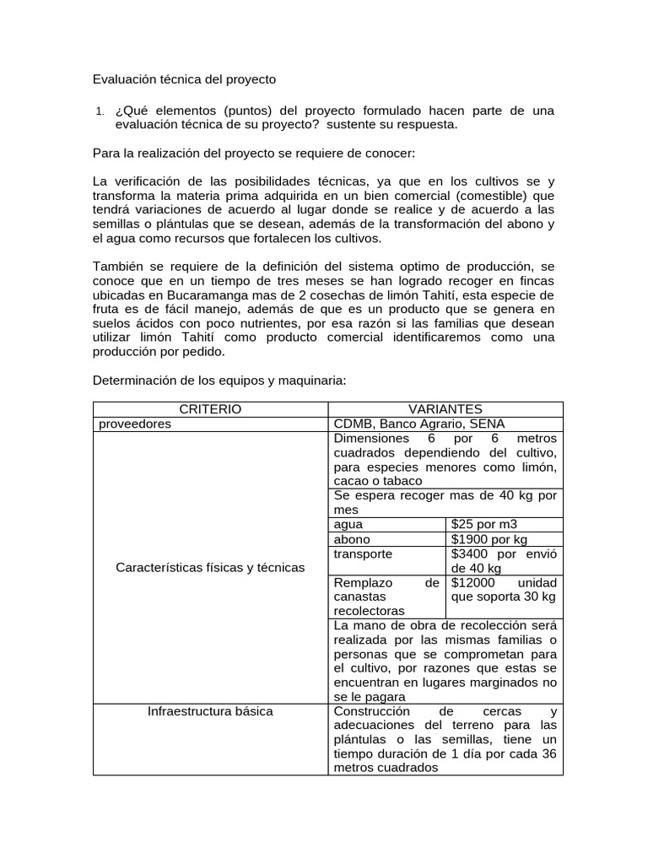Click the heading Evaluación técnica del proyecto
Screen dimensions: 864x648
coord(184,79)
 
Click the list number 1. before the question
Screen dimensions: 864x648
coord(100,111)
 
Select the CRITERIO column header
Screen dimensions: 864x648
coord(210,409)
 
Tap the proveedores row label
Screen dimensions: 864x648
coord(135,424)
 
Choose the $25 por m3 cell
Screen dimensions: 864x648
coord(483,524)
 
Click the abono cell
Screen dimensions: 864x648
coord(352,539)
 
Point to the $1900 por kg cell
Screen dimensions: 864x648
coord(489,539)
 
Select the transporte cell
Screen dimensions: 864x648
coord(363,554)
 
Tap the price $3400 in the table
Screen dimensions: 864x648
coord(471,554)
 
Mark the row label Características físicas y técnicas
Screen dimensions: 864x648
coord(209,568)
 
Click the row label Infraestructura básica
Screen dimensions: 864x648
coord(210,711)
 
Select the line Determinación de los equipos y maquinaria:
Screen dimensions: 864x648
coord(219,381)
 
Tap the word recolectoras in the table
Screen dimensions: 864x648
coord(370,610)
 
